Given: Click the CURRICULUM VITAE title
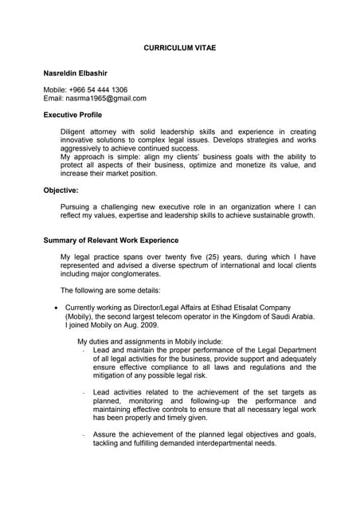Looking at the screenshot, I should (179, 49).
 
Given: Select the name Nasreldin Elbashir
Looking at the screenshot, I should (81, 73).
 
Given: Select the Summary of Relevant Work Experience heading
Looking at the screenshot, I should (111, 241).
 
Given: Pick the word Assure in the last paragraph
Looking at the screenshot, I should (105, 434).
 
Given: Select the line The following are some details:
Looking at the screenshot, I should (111, 290).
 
